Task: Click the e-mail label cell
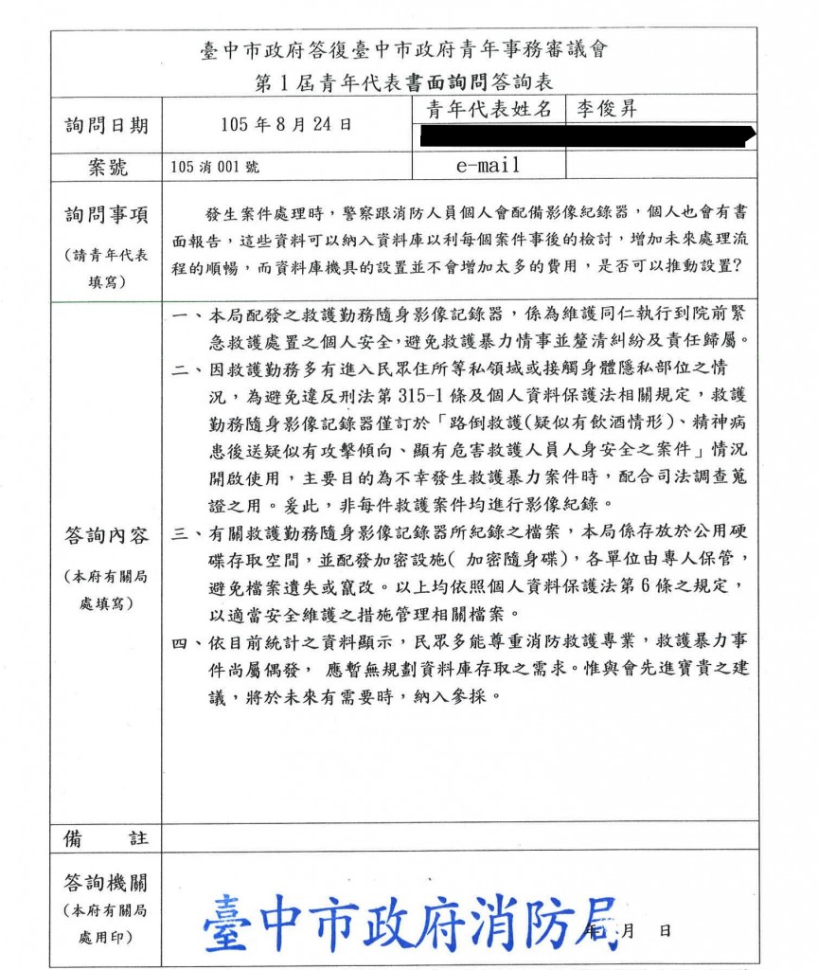click(x=488, y=165)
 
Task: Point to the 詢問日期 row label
click(x=106, y=125)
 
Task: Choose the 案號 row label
click(x=106, y=167)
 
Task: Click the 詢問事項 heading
click(x=106, y=215)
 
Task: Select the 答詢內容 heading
click(x=106, y=536)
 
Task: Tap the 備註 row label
click(x=106, y=837)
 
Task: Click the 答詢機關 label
click(x=106, y=883)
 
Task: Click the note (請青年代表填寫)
click(x=106, y=268)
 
